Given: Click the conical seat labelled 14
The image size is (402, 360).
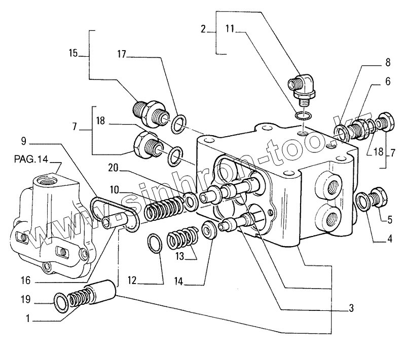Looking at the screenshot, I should (209, 229).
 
